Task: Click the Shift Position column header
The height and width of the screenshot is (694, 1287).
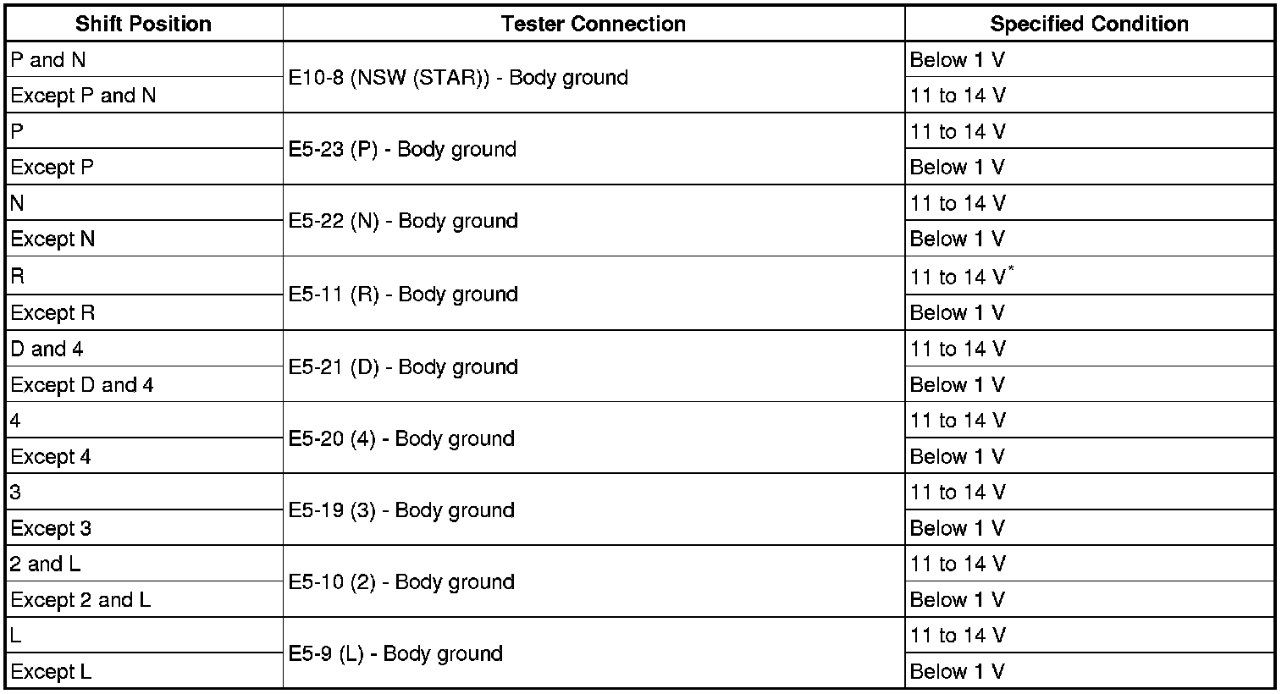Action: pyautogui.click(x=143, y=24)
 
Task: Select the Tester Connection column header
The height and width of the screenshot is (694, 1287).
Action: pyautogui.click(x=593, y=24)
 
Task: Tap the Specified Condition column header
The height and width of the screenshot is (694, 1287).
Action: pyautogui.click(x=1089, y=24)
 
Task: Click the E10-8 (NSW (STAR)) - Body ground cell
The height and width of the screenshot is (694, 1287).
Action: pyautogui.click(x=458, y=78)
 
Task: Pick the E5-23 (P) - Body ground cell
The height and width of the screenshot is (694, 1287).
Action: pyautogui.click(x=402, y=150)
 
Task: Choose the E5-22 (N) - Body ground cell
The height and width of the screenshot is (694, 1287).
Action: pyautogui.click(x=403, y=222)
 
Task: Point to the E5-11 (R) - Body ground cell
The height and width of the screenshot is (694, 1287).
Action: pyautogui.click(x=403, y=295)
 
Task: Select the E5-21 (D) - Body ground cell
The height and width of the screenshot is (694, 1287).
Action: pyautogui.click(x=403, y=367)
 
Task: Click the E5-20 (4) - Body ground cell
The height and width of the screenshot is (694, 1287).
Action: pyautogui.click(x=401, y=439)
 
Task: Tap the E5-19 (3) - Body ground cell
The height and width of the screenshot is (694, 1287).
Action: pyautogui.click(x=401, y=511)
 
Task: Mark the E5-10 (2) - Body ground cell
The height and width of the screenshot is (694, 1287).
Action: pyautogui.click(x=401, y=583)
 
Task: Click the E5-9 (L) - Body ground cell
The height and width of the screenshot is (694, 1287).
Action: pyautogui.click(x=395, y=654)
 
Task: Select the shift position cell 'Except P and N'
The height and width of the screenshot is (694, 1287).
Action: pyautogui.click(x=84, y=96)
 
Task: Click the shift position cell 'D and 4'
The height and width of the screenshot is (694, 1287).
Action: pyautogui.click(x=47, y=349)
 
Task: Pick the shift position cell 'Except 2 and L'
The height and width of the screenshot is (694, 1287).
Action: pyautogui.click(x=81, y=600)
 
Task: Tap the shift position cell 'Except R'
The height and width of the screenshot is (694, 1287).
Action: pyautogui.click(x=53, y=312)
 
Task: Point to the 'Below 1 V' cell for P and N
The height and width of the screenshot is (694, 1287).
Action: pyautogui.click(x=958, y=60)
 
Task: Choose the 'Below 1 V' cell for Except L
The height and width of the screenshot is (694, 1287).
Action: pyautogui.click(x=958, y=671)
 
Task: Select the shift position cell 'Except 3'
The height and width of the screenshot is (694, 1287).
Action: pyautogui.click(x=52, y=528)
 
